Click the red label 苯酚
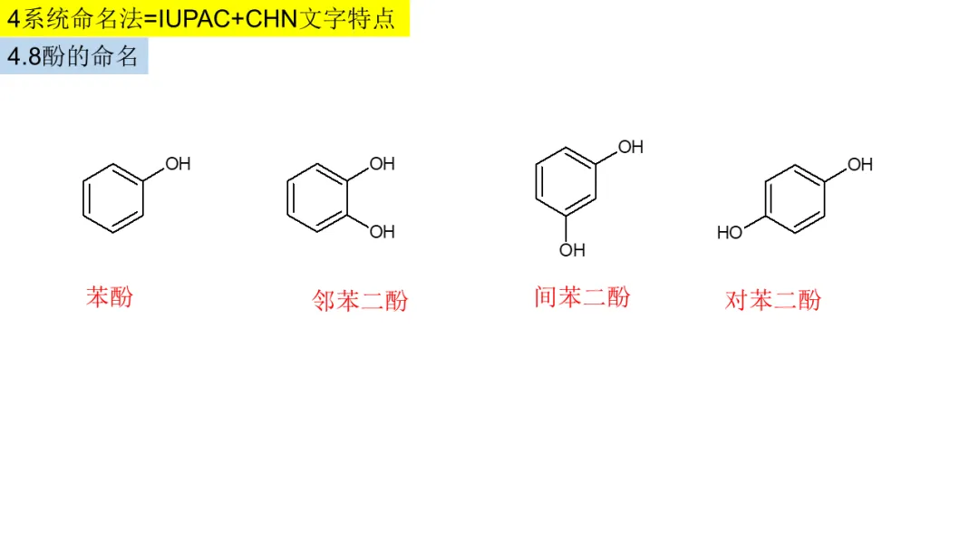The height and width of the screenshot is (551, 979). tap(110, 296)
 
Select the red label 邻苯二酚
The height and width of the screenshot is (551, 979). tap(360, 301)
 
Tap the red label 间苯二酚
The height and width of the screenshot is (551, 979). tap(582, 297)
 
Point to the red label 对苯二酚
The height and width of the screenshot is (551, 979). tap(773, 300)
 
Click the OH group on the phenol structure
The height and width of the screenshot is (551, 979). tap(178, 164)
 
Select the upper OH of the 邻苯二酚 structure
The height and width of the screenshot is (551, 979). tap(382, 164)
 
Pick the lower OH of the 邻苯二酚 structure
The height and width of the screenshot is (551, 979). tap(382, 232)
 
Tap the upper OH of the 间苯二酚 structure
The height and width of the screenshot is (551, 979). tap(630, 147)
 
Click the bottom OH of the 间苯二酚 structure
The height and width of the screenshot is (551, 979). tap(572, 250)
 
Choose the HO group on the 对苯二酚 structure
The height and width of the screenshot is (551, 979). tap(730, 233)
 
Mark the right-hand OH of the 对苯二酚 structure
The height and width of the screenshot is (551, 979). tap(860, 165)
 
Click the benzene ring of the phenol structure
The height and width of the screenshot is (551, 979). tap(113, 198)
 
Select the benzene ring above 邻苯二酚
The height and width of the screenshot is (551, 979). tap(317, 198)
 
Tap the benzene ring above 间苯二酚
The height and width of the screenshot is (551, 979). tap(567, 180)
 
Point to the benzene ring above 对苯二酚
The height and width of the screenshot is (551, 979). tap(795, 198)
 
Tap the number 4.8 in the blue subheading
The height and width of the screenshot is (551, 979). tap(24, 56)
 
